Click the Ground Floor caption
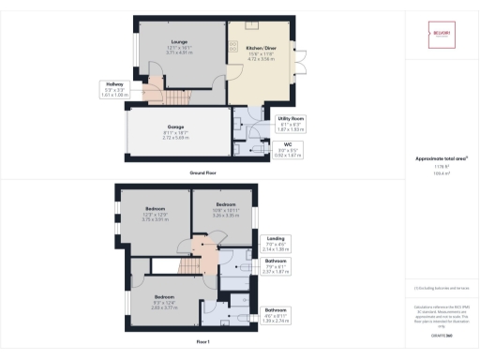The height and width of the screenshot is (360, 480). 204,173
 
